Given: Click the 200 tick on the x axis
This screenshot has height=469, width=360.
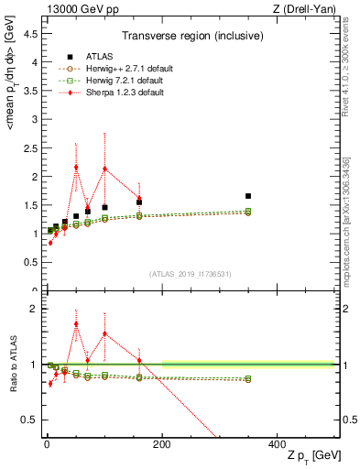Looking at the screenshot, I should tap(161, 443).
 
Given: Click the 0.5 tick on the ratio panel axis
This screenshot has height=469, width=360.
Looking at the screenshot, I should tap(32, 420).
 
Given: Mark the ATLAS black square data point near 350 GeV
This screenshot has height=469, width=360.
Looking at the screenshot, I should tap(248, 196).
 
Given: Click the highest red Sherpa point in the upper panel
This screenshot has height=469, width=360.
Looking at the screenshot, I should tap(76, 168).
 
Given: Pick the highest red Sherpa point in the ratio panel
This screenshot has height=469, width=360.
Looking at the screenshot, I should tap(76, 323).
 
